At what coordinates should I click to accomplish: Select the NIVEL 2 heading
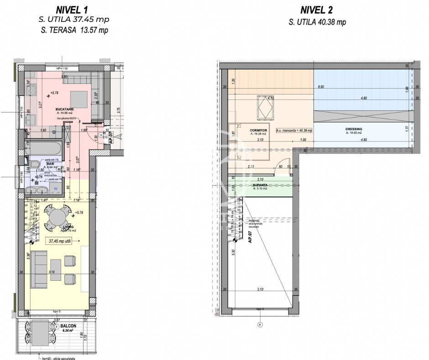[x=317, y=10]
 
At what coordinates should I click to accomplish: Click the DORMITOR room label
[x=258, y=130]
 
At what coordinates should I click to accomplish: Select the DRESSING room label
[x=354, y=129]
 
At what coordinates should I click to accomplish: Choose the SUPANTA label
[x=260, y=185]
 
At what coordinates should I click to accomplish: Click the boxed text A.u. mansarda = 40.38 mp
[x=294, y=130]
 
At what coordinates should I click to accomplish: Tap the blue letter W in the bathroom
[x=56, y=188]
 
